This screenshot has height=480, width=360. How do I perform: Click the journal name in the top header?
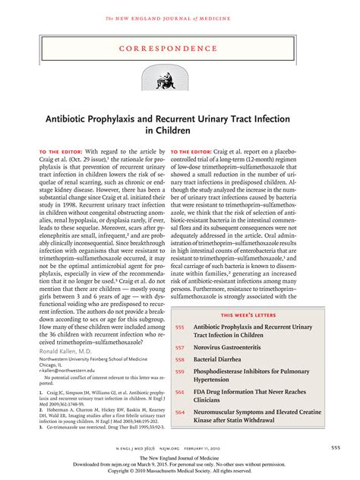(179, 8)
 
